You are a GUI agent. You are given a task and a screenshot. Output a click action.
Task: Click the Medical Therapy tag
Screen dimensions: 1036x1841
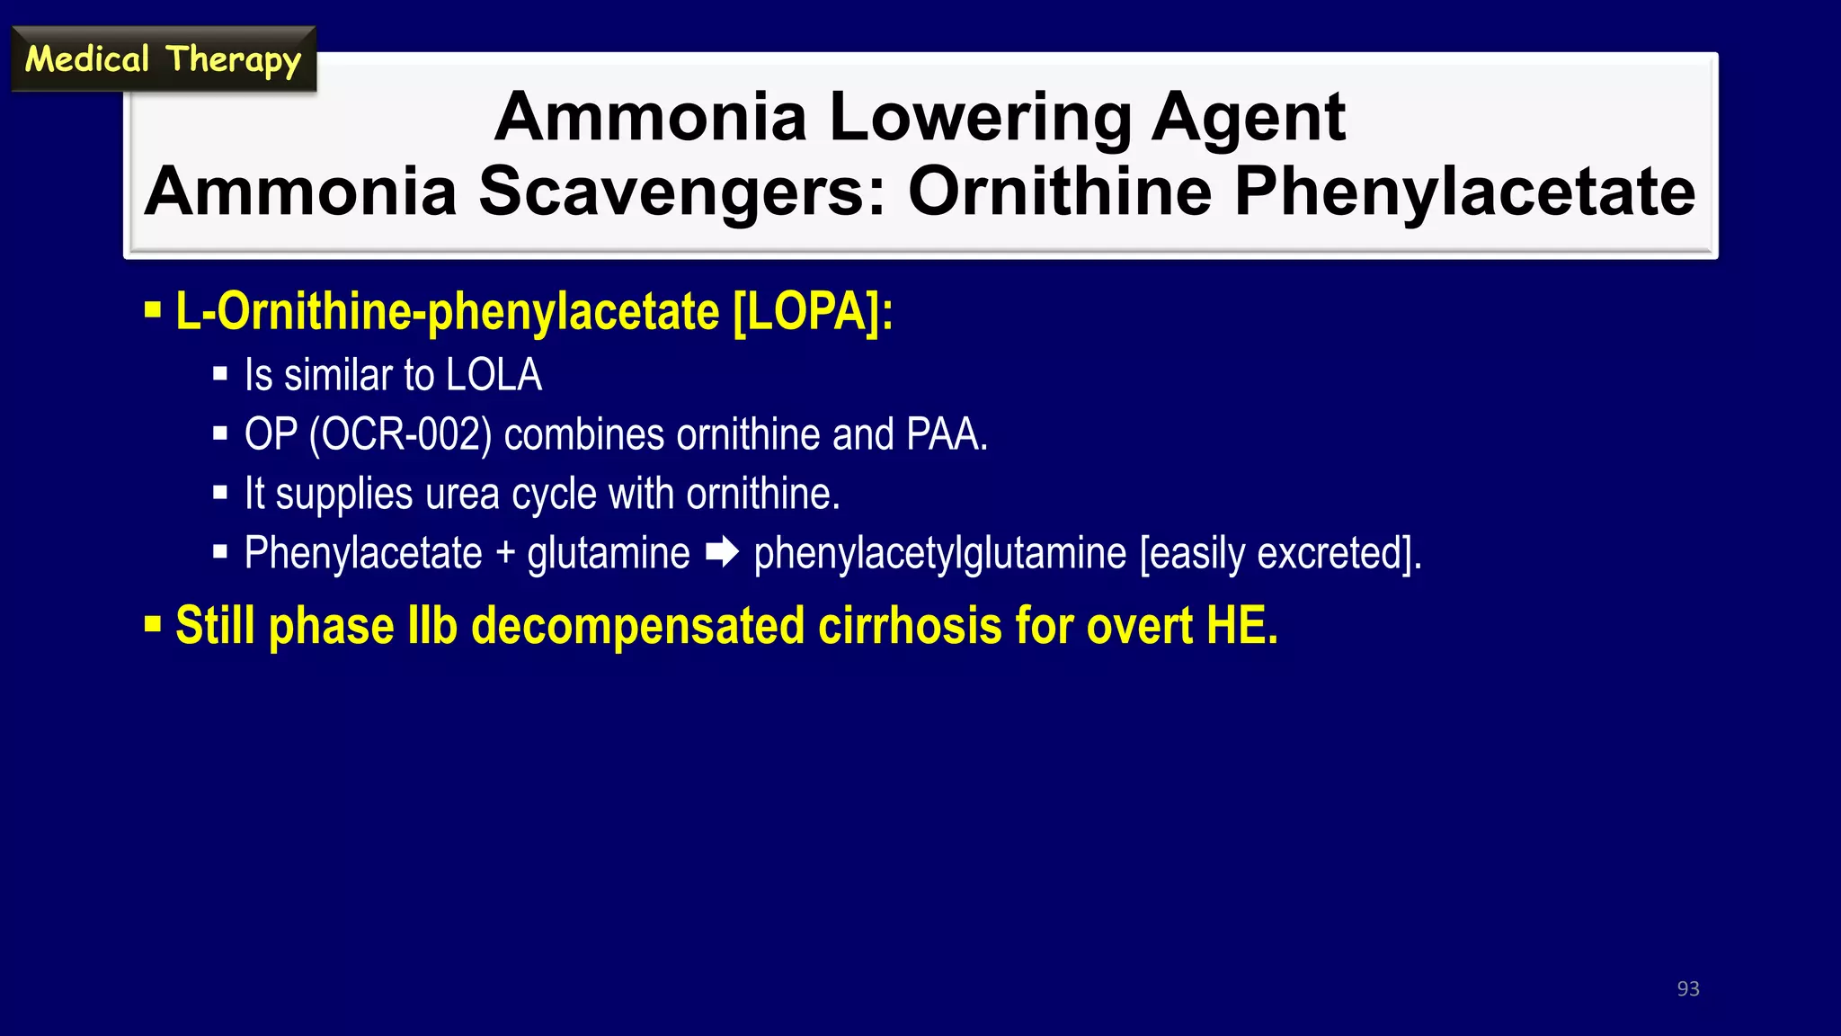click(x=163, y=59)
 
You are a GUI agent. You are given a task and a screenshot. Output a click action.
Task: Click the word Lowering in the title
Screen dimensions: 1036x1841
click(x=979, y=117)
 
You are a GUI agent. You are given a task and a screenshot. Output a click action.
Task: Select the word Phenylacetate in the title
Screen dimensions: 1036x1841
click(x=1464, y=192)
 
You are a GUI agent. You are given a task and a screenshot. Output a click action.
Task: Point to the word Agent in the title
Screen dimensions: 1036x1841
click(x=1248, y=117)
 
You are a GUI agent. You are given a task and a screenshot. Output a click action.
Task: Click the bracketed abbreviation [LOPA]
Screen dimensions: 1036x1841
click(x=812, y=312)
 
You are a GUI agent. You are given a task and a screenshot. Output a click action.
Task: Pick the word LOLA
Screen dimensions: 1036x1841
click(x=494, y=375)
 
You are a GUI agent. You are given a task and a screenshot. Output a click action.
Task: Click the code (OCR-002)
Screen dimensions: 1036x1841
click(x=401, y=434)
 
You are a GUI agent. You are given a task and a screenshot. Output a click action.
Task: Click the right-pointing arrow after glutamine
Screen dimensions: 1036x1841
click(x=722, y=552)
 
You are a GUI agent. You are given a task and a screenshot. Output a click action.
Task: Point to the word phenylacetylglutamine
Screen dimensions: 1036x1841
click(x=939, y=553)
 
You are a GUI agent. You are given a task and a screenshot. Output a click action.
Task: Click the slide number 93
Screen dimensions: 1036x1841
click(x=1688, y=988)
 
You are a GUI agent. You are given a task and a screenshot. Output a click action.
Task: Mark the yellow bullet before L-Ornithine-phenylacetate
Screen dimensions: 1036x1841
click(x=153, y=311)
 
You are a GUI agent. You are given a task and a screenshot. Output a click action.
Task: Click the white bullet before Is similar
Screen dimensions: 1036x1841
click(x=220, y=374)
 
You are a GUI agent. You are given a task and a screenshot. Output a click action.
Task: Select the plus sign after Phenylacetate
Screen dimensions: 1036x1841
click(x=505, y=552)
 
